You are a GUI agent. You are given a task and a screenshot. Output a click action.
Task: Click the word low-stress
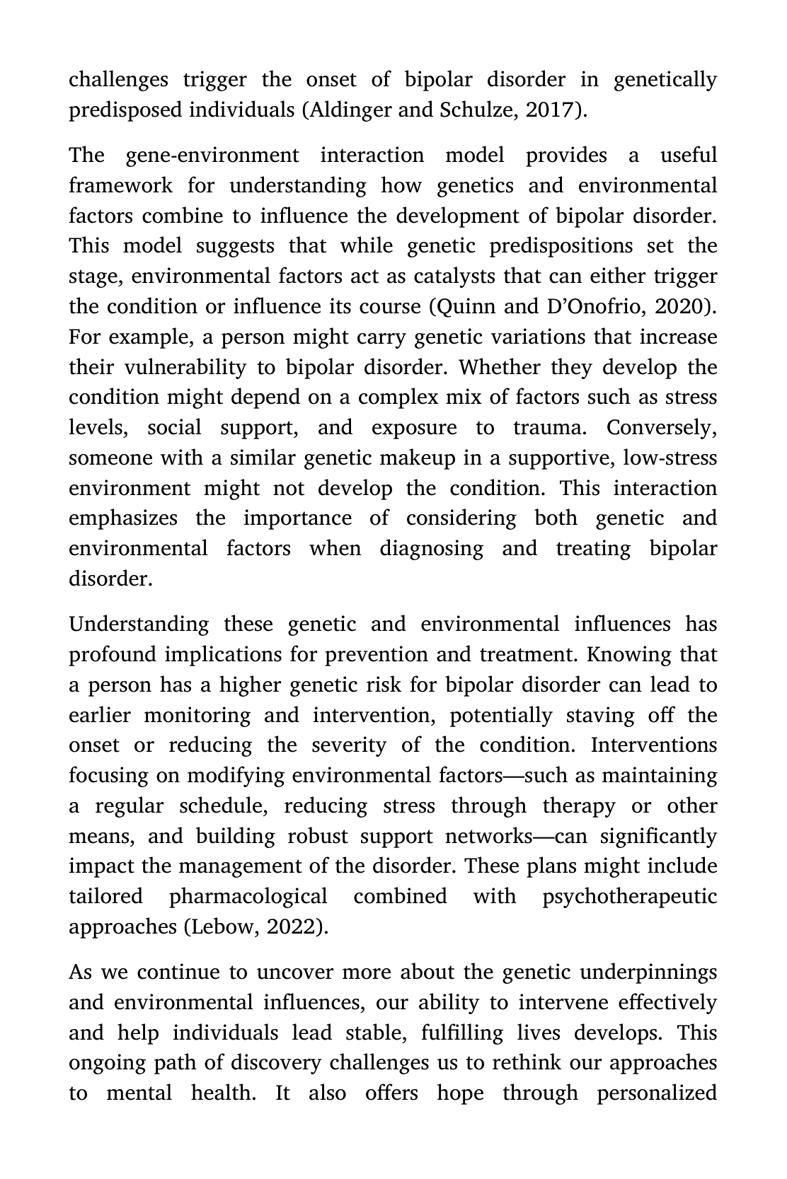pyautogui.click(x=670, y=458)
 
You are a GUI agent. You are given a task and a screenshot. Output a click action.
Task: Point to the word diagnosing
pyautogui.click(x=431, y=549)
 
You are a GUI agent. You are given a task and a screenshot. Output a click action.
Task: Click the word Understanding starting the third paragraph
pyautogui.click(x=139, y=625)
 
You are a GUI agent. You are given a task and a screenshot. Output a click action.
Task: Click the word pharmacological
pyautogui.click(x=248, y=897)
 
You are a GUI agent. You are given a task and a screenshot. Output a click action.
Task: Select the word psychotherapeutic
pyautogui.click(x=629, y=897)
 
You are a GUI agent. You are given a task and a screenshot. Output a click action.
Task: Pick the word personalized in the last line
pyautogui.click(x=657, y=1093)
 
